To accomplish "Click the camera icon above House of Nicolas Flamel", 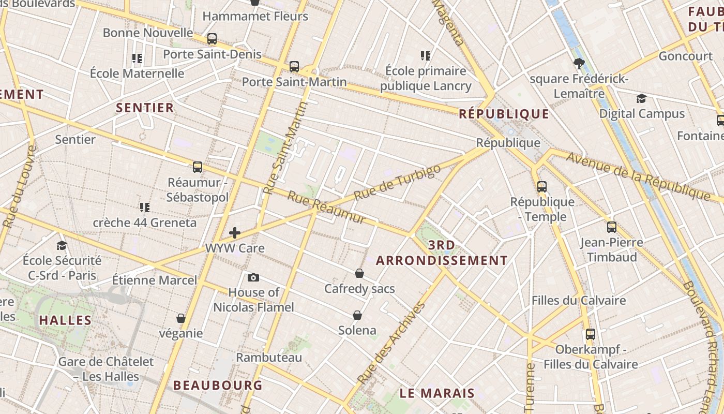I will [253, 278].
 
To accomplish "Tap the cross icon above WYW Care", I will [235, 233].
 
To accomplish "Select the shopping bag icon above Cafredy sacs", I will [359, 273].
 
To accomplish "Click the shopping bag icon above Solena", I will [357, 315].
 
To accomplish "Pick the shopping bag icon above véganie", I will [181, 318].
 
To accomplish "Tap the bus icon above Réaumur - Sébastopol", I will [197, 167].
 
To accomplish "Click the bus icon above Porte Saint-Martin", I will [294, 66].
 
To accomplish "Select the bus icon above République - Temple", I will [542, 187].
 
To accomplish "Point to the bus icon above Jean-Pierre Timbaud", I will [612, 227].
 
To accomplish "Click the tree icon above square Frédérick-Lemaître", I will [579, 64].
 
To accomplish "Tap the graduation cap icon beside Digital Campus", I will [641, 99].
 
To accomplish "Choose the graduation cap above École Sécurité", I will [62, 245].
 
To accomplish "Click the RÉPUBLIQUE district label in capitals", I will [504, 114].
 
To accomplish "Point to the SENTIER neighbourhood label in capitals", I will [145, 108].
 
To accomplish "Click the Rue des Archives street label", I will [392, 343].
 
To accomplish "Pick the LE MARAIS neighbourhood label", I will [437, 393].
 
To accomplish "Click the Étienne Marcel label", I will [155, 280].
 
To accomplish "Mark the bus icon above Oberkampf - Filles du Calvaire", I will [591, 334].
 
